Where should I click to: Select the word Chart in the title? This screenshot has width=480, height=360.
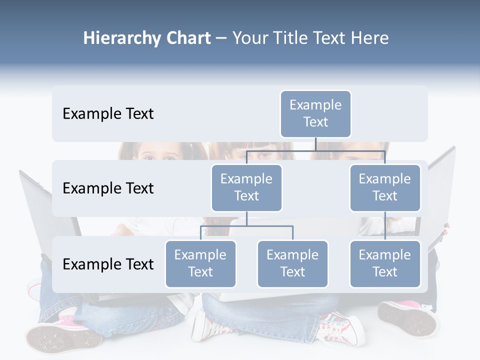tap(188, 38)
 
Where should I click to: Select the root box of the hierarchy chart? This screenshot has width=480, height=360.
tap(315, 113)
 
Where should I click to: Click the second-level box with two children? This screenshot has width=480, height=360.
tap(246, 187)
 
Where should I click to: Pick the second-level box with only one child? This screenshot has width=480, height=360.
tap(385, 187)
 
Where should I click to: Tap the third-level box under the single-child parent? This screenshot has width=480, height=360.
tap(385, 263)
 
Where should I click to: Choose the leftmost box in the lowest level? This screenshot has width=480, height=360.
tap(200, 263)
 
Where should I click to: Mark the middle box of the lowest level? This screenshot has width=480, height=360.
tap(292, 263)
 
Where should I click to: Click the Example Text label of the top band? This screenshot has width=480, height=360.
tap(108, 114)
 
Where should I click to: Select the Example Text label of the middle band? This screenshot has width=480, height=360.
tap(108, 188)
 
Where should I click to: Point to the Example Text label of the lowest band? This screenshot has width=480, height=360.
tap(108, 264)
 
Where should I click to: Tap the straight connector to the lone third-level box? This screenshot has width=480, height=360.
tap(385, 225)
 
